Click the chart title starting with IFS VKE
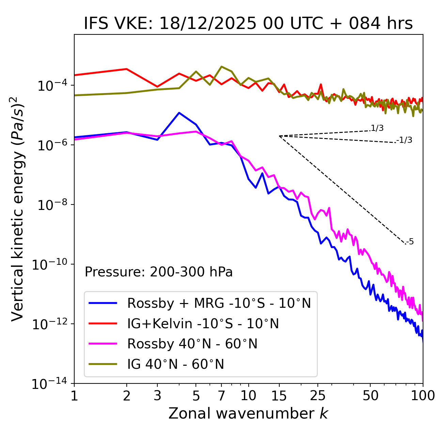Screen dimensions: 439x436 click(x=248, y=24)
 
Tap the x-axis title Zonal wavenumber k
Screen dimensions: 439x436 click(x=248, y=413)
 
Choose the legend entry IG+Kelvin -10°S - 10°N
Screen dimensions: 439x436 click(x=203, y=323)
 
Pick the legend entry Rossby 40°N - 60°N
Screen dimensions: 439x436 click(x=192, y=344)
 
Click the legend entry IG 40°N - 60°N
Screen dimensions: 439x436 click(x=175, y=364)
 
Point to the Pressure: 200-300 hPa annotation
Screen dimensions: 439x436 click(x=159, y=272)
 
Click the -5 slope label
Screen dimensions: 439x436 click(x=410, y=242)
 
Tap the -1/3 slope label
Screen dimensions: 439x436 click(x=405, y=140)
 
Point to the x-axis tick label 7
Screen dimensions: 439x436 click(x=221, y=396)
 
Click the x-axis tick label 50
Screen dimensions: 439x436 click(x=370, y=396)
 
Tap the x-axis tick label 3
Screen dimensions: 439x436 click(x=157, y=396)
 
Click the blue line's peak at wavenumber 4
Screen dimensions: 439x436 click(x=179, y=113)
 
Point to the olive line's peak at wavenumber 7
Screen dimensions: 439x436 click(x=221, y=66)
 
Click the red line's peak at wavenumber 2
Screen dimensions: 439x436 click(x=127, y=69)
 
